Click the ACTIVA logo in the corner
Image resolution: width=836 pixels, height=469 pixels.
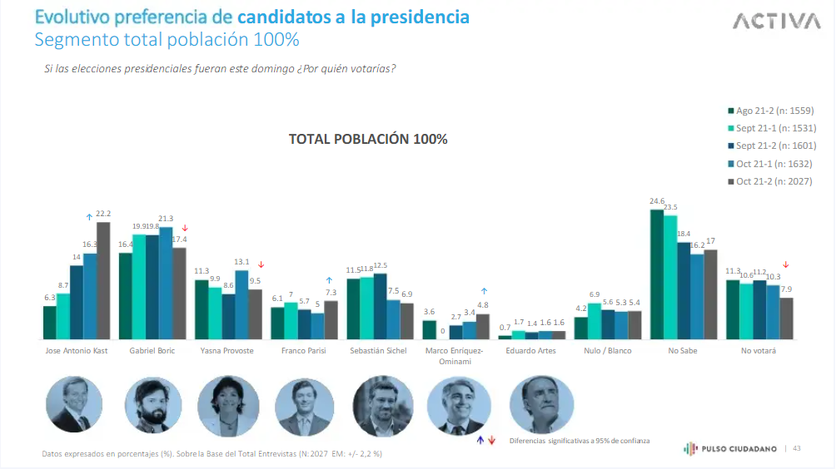click(776, 22)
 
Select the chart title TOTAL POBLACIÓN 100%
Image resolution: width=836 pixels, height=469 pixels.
click(368, 139)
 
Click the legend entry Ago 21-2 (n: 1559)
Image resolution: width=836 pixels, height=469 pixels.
click(772, 111)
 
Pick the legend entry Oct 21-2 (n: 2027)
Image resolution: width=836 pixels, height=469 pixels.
click(772, 181)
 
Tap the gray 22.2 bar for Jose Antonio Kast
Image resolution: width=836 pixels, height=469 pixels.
click(103, 280)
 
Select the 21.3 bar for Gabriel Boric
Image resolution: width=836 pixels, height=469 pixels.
click(166, 283)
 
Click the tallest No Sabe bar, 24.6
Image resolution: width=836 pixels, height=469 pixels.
click(657, 274)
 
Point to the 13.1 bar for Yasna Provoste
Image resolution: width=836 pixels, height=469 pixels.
click(241, 304)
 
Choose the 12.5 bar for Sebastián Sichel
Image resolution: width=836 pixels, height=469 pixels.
click(381, 306)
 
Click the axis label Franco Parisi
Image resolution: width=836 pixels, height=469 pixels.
click(304, 351)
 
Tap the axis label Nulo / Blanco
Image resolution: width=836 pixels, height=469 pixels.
click(608, 351)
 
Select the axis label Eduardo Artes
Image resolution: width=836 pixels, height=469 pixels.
click(530, 351)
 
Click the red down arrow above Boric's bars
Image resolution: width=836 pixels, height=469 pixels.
click(185, 228)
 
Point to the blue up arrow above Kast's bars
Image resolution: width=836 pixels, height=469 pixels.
click(90, 217)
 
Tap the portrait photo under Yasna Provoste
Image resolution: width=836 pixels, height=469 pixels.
click(228, 406)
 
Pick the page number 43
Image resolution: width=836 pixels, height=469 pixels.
click(797, 449)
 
